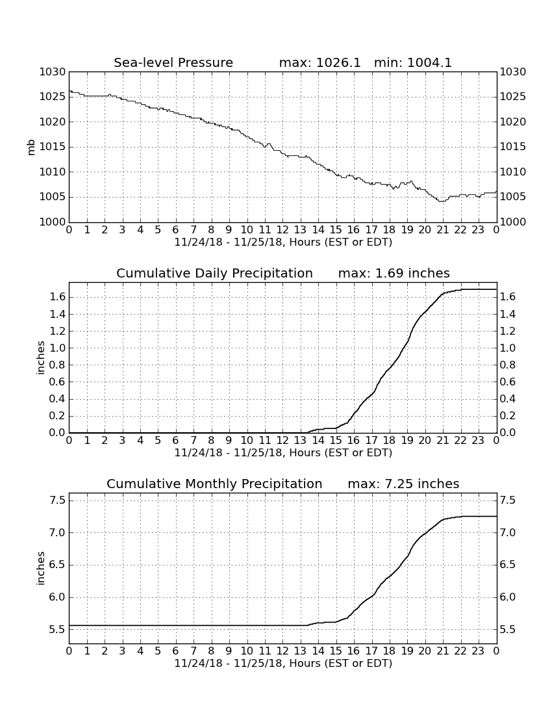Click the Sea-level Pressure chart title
click(x=173, y=62)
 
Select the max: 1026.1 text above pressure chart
click(x=320, y=62)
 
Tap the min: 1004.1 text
click(x=413, y=62)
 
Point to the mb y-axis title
click(x=31, y=148)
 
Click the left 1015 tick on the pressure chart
click(x=53, y=147)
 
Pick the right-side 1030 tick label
click(x=513, y=72)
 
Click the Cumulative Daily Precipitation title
click(x=214, y=273)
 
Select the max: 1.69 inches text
click(x=394, y=273)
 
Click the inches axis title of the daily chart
click(x=41, y=358)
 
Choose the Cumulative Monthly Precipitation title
click(x=214, y=484)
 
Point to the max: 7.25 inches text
click(x=403, y=484)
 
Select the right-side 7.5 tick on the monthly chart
click(x=508, y=500)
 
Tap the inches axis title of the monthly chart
click(x=41, y=569)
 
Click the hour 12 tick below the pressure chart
click(x=283, y=229)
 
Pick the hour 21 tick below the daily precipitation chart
click(x=443, y=440)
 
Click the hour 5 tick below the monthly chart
click(x=158, y=651)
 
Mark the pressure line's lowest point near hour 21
click(x=442, y=201)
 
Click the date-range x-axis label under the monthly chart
click(x=283, y=663)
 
